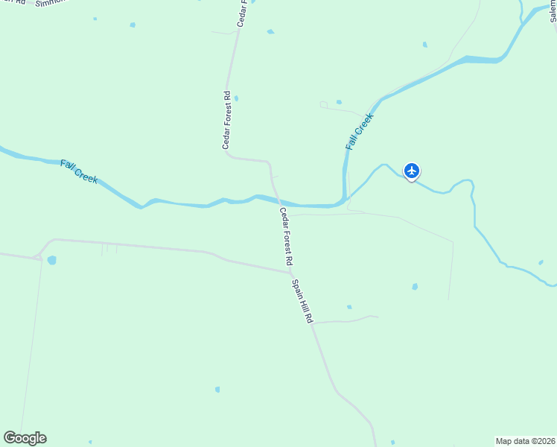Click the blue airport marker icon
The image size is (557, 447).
411,171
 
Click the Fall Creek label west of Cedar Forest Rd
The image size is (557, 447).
79,171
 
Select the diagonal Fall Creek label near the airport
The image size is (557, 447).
359,132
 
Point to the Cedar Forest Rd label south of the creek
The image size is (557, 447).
286,237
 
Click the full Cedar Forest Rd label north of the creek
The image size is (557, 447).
227,120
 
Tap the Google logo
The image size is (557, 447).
25,438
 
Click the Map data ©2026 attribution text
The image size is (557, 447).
525,441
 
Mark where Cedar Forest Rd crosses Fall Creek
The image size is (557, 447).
277,201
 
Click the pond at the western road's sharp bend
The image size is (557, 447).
51,260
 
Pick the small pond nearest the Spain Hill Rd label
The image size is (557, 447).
348,306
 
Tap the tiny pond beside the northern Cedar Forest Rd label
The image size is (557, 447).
236,98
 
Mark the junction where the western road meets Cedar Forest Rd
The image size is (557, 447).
290,272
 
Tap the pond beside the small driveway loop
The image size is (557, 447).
339,102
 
